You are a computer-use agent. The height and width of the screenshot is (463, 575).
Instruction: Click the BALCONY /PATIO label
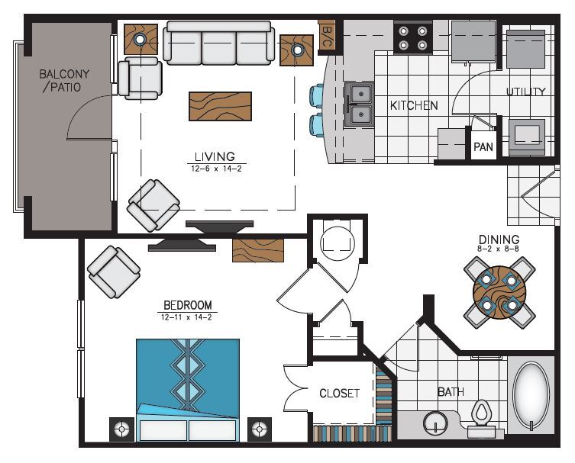64,81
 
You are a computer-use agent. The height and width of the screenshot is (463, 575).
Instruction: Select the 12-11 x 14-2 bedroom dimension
188,318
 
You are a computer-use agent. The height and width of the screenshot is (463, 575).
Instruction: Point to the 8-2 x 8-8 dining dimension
499,250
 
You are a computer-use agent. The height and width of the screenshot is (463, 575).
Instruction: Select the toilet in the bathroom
481,416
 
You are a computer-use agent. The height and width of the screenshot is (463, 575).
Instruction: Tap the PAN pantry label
483,147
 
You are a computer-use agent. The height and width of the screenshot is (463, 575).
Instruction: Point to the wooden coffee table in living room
220,106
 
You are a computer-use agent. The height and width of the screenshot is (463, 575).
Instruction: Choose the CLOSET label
339,394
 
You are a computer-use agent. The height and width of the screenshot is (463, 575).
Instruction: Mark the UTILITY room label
526,92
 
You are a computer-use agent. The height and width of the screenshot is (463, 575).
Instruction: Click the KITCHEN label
414,105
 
